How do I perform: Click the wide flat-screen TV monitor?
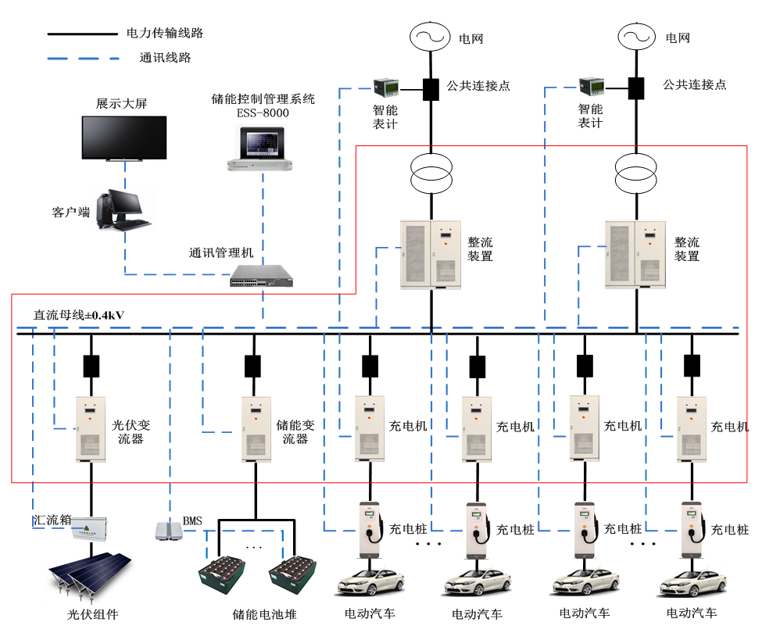click(x=124, y=138)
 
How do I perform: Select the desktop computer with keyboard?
click(x=120, y=209)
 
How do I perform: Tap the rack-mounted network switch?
click(x=261, y=276)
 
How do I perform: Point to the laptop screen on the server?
click(x=262, y=143)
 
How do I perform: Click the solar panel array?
click(x=91, y=577)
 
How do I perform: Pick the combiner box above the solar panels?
click(x=88, y=530)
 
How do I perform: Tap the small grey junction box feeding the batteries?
click(x=168, y=531)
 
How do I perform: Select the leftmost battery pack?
click(x=221, y=575)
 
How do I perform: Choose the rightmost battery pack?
click(x=292, y=575)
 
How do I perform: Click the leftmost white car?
click(x=369, y=578)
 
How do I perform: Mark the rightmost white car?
click(x=691, y=578)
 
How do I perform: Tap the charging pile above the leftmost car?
click(x=369, y=529)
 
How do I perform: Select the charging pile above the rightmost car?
click(x=691, y=529)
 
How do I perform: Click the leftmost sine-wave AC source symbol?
click(x=430, y=37)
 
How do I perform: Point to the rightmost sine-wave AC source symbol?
click(x=636, y=37)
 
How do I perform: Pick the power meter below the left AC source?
click(x=385, y=87)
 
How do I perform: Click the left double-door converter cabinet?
click(x=431, y=254)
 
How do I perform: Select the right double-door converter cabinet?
click(x=635, y=254)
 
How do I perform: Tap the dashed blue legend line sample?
click(x=83, y=59)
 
